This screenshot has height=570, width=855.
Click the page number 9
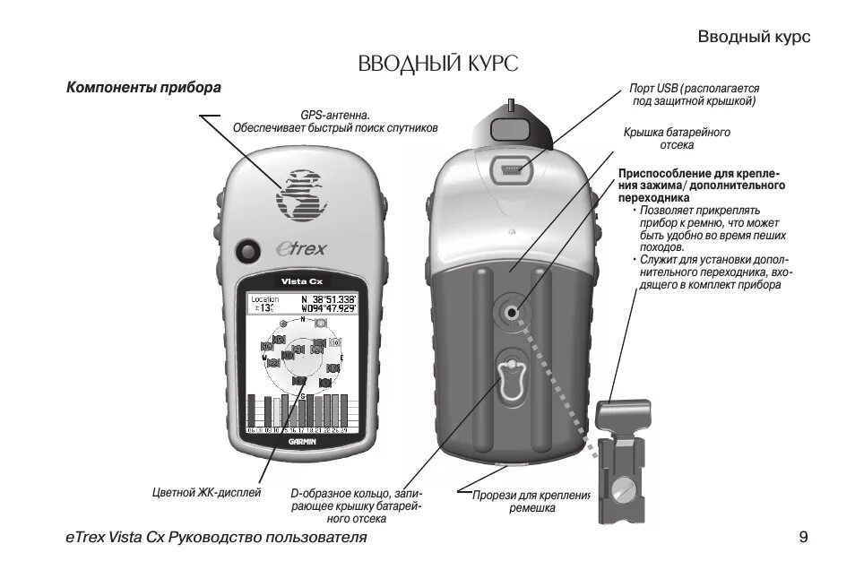pos(803,537)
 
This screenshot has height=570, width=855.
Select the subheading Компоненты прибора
pos(143,89)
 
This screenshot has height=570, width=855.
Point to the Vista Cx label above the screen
pos(302,281)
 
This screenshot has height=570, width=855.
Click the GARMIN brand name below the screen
pos(302,441)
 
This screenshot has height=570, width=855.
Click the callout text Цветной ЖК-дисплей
pos(206,492)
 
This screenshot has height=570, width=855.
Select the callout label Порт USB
pos(695,95)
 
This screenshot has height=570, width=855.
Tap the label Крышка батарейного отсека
pos(677,137)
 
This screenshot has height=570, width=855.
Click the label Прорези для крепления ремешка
pos(532,501)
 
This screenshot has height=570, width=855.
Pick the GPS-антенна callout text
pos(335,121)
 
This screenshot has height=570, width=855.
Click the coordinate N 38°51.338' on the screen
pos(328,298)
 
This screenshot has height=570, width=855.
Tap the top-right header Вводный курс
pos(754,37)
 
